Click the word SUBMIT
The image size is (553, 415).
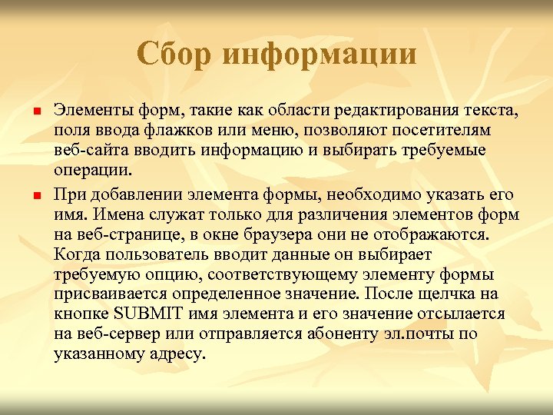[145, 314]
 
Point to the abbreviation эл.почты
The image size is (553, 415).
[425, 334]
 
